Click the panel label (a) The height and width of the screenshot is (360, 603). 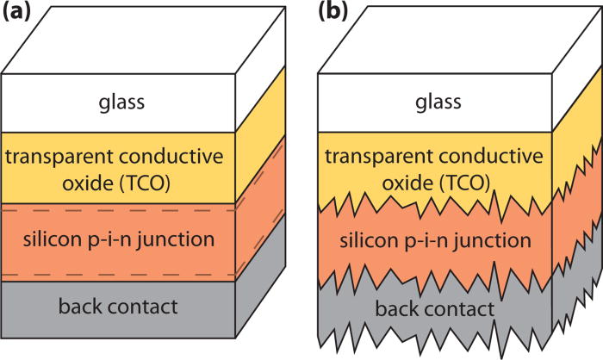point(18,13)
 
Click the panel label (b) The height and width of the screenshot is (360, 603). point(334,13)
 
